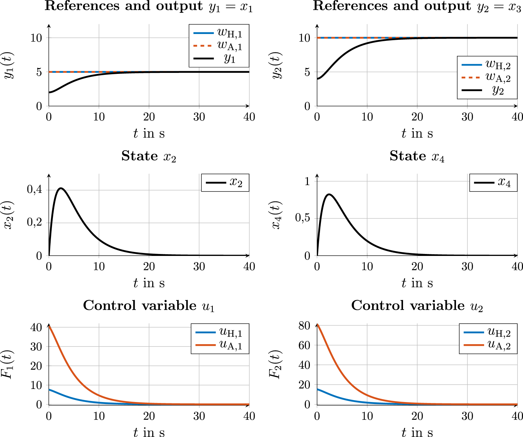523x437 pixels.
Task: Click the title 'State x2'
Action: click(x=149, y=156)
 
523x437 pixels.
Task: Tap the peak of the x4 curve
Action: click(x=329, y=194)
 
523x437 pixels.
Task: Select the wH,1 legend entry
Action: click(x=218, y=33)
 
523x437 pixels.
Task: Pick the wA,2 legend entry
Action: click(x=486, y=77)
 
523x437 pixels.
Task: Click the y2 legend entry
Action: click(x=486, y=90)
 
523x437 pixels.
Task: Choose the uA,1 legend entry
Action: click(x=220, y=345)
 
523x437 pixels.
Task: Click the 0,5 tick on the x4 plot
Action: click(x=303, y=218)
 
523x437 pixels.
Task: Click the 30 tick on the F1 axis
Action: click(x=36, y=346)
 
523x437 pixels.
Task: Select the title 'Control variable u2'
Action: click(x=417, y=306)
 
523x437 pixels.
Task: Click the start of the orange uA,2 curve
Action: click(x=317, y=325)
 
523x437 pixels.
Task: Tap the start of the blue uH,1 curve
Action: click(x=49, y=389)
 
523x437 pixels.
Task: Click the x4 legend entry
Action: click(x=494, y=182)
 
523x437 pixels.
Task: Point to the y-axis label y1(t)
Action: click(x=8, y=65)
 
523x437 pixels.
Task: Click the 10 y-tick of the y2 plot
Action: click(x=304, y=38)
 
